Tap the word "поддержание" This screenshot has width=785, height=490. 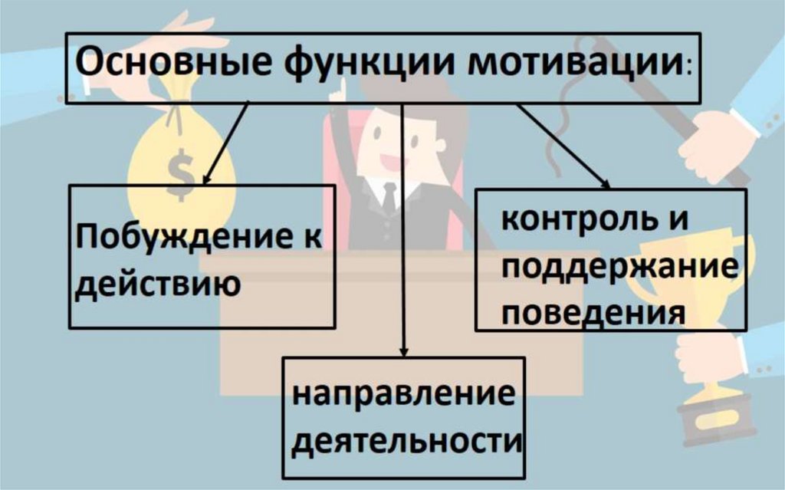pyautogui.click(x=610, y=268)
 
